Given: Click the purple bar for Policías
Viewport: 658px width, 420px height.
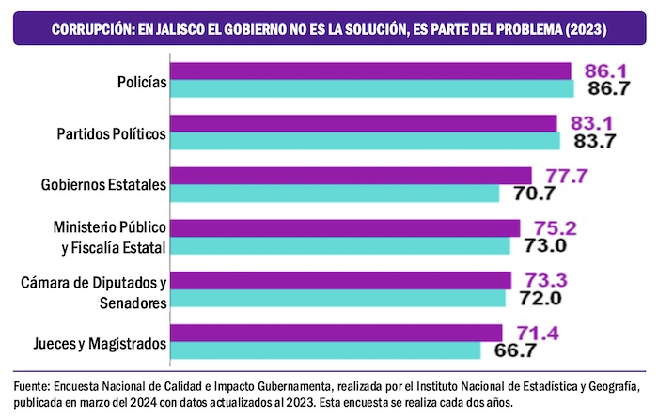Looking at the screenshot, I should pyautogui.click(x=371, y=71).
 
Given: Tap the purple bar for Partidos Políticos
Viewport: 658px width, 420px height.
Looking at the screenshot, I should pyautogui.click(x=365, y=123).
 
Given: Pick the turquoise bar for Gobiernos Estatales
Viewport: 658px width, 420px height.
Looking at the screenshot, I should pyautogui.click(x=335, y=194).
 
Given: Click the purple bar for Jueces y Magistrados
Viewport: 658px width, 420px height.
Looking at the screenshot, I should pyautogui.click(x=337, y=333).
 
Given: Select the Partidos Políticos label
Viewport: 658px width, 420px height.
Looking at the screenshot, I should pyautogui.click(x=111, y=133).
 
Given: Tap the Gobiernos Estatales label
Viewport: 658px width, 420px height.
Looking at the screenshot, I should pyautogui.click(x=104, y=185).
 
